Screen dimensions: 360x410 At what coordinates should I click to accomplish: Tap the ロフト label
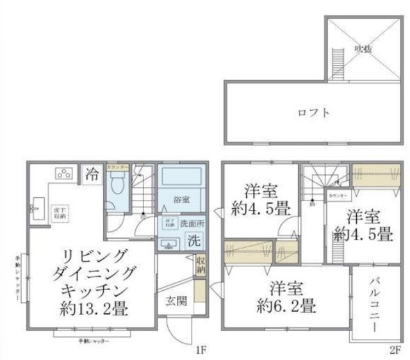[x=314, y=113]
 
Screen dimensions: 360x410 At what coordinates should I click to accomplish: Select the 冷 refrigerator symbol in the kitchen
[x=92, y=174]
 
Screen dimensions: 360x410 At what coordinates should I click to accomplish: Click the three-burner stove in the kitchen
[x=64, y=172]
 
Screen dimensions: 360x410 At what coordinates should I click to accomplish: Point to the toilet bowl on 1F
[x=117, y=186]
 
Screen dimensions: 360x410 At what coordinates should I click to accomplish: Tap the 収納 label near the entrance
[x=201, y=265]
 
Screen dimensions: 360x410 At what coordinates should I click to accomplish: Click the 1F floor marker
[x=201, y=350]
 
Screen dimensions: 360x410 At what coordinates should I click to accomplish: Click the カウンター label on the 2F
[x=337, y=195]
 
